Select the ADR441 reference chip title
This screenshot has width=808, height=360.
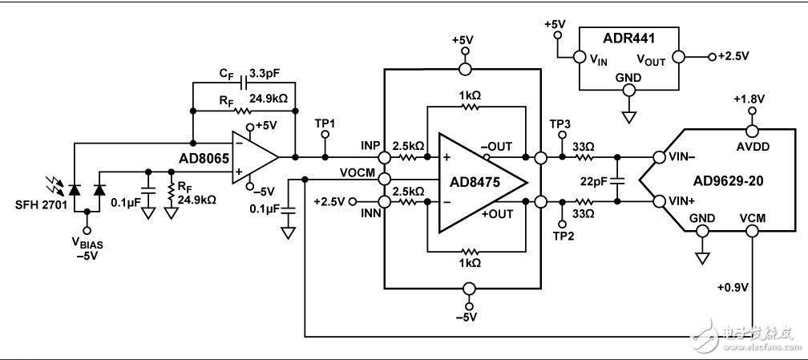pos(628,37)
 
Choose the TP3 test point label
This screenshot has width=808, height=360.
pos(560,125)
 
